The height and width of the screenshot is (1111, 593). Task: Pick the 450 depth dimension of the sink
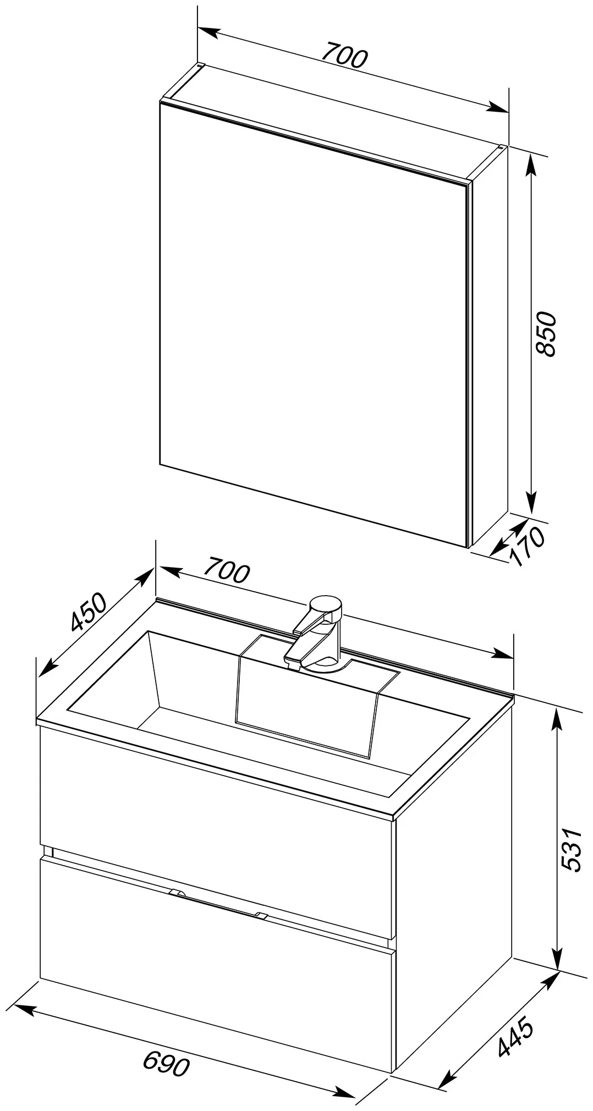(88, 611)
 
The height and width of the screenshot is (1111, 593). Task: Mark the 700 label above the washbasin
(227, 570)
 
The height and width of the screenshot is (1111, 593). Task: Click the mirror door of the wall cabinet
(314, 324)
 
